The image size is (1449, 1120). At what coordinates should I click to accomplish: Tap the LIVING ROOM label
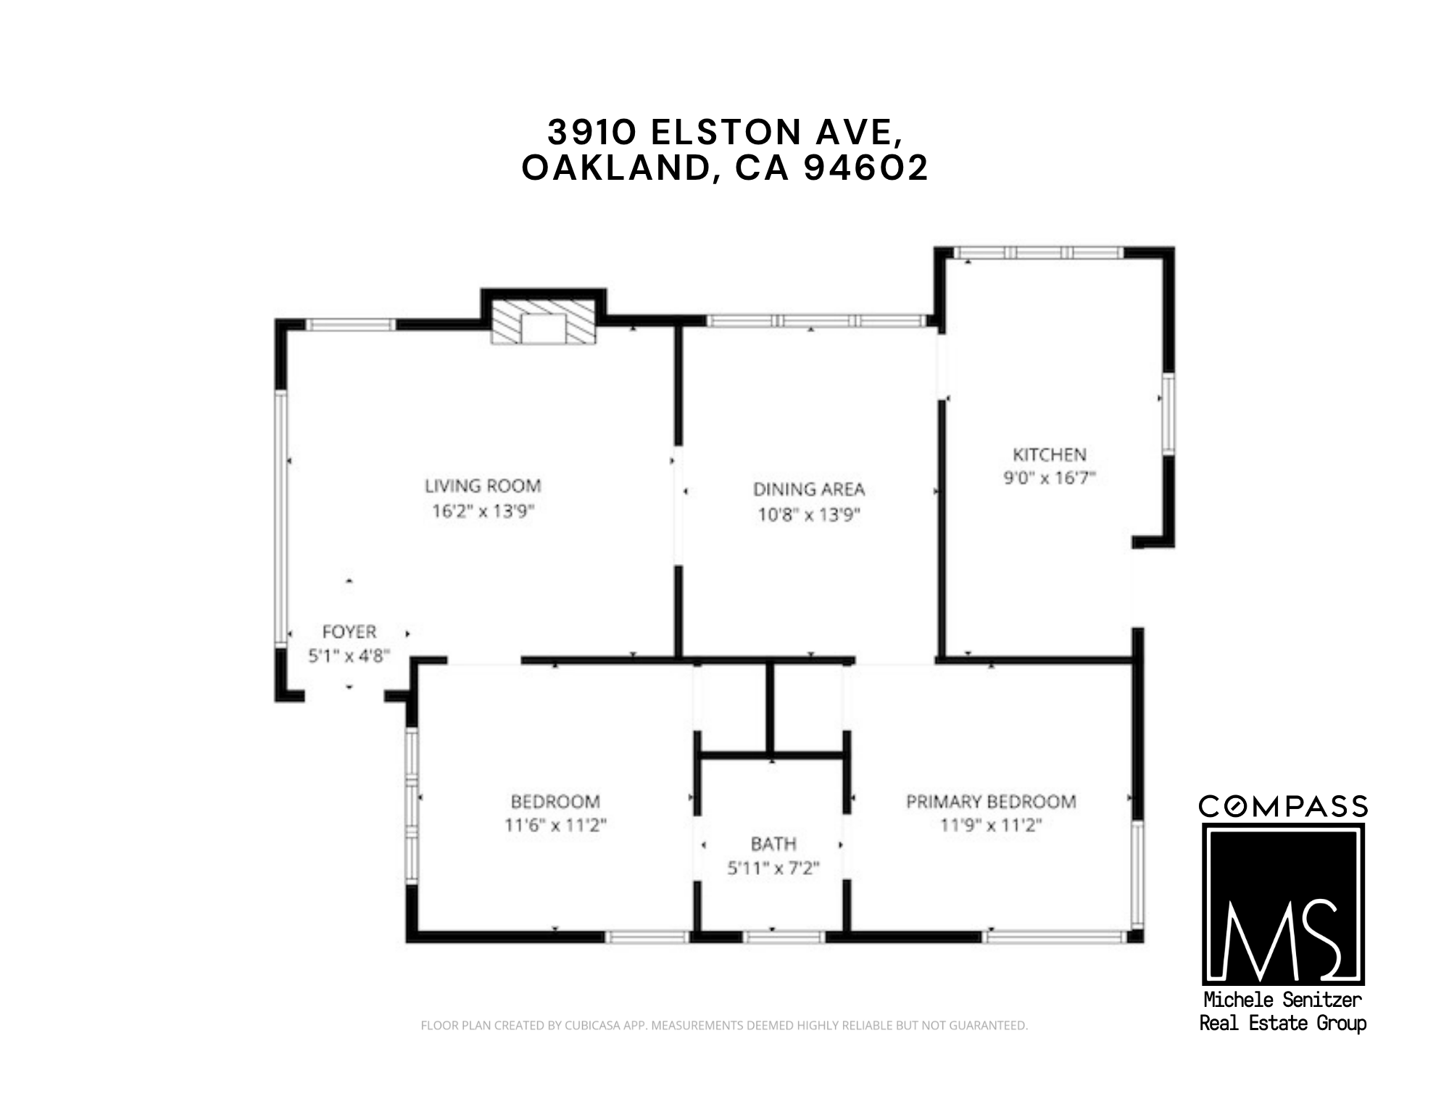tap(483, 486)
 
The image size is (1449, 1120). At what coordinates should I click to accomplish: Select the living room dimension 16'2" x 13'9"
tap(483, 511)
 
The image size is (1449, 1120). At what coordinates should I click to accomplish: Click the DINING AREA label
tap(809, 489)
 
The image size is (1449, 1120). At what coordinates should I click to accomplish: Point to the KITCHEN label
tap(1049, 455)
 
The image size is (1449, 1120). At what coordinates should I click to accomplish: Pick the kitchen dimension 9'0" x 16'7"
tap(1049, 478)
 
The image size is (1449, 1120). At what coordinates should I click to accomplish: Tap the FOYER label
tap(349, 632)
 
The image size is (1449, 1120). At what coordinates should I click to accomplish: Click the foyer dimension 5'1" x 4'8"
tap(349, 656)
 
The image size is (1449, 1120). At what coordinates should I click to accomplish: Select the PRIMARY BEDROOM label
tap(991, 802)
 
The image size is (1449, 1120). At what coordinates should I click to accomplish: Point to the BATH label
tap(773, 844)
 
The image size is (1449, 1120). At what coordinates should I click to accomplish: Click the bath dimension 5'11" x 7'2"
tap(773, 868)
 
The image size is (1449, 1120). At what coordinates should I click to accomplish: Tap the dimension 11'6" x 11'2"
tap(555, 825)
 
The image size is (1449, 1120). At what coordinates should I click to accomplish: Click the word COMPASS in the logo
tap(1283, 806)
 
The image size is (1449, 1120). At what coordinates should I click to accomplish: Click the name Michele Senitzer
tap(1282, 1000)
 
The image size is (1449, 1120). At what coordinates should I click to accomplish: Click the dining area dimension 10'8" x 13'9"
tap(809, 515)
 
